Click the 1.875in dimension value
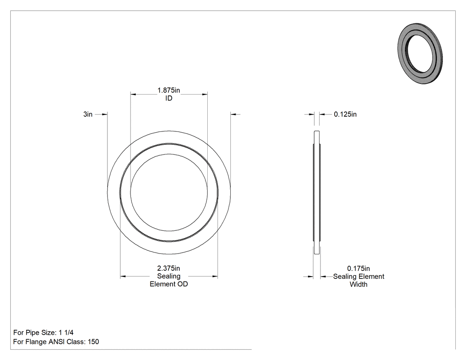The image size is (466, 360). (x=169, y=90)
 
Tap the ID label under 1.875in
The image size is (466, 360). (x=169, y=98)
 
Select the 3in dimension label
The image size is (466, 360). (x=88, y=114)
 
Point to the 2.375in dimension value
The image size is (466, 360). (x=169, y=269)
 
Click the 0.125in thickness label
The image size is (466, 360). (x=345, y=114)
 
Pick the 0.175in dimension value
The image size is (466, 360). (x=359, y=269)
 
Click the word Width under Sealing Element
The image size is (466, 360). (x=359, y=285)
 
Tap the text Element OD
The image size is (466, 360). (x=169, y=284)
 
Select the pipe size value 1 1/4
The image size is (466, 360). (x=66, y=332)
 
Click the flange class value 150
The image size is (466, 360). (x=93, y=341)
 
